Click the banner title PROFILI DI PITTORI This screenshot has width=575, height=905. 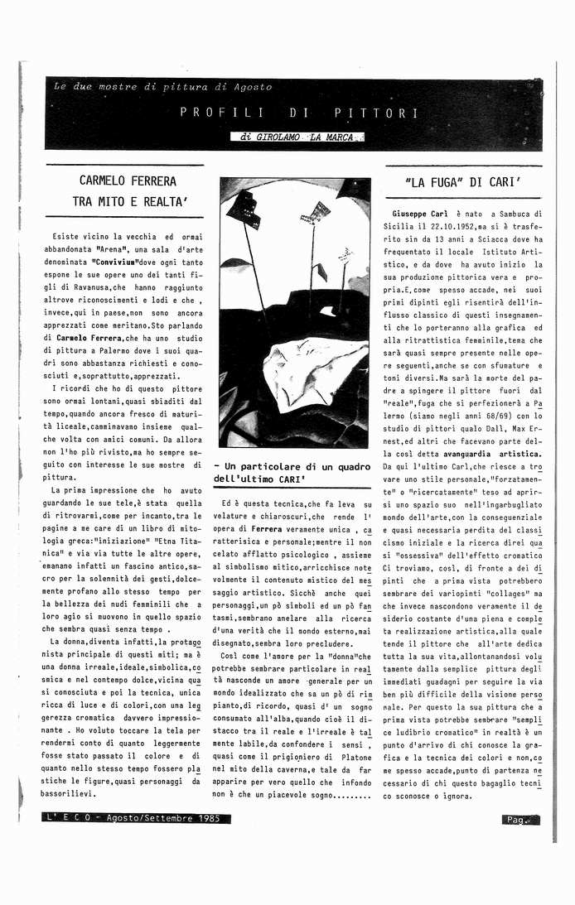point(299,113)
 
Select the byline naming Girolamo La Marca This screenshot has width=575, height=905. point(297,137)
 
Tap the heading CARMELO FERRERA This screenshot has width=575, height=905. point(128,180)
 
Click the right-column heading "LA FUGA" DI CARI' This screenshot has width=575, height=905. point(463,181)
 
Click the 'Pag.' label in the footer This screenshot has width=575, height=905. point(517,820)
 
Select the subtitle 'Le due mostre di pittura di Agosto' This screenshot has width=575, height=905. point(162,87)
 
